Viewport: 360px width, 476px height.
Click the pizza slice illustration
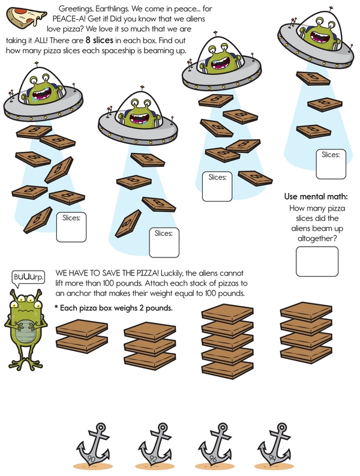pyautogui.click(x=26, y=18)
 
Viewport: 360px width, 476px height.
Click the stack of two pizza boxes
pyautogui.click(x=82, y=336)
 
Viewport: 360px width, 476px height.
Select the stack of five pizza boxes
pyautogui.click(x=227, y=341)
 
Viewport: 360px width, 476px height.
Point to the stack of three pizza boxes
pyautogui.click(x=150, y=346)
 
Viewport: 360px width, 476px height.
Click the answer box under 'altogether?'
pyautogui.click(x=317, y=261)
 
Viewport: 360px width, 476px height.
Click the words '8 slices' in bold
pyautogui.click(x=99, y=40)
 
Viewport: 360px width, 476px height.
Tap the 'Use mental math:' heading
pyautogui.click(x=316, y=196)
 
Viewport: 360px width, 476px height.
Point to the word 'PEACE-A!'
pyautogui.click(x=69, y=19)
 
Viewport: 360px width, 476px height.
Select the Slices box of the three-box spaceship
pyautogui.click(x=331, y=164)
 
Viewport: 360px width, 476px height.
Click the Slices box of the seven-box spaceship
pyautogui.click(x=71, y=227)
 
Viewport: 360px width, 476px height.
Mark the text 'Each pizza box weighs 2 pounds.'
pyautogui.click(x=116, y=308)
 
